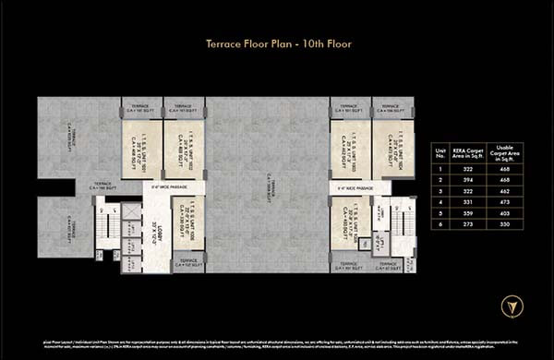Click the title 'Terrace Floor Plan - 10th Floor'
pyautogui.click(x=276, y=42)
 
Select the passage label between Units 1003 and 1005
pyautogui.click(x=355, y=187)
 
